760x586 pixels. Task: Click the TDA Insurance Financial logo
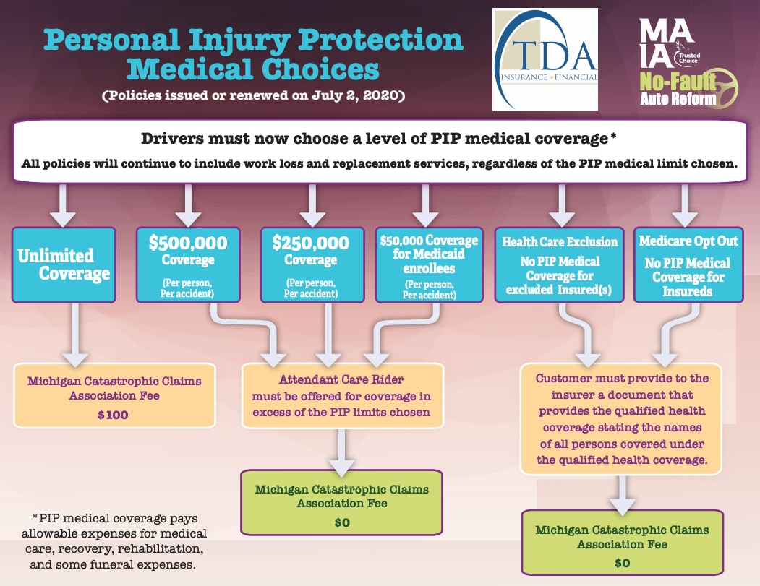(x=545, y=59)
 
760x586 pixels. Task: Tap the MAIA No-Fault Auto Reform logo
(x=679, y=61)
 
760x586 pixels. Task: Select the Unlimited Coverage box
(x=64, y=264)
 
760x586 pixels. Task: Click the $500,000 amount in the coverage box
(x=188, y=243)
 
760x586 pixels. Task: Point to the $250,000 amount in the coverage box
(x=311, y=243)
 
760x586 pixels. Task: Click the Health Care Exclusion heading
(x=560, y=242)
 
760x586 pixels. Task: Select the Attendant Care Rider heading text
(x=342, y=379)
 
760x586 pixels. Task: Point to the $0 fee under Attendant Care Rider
(x=341, y=522)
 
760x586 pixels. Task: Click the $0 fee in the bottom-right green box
(x=622, y=563)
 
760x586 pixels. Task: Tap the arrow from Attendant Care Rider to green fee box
(x=342, y=452)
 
